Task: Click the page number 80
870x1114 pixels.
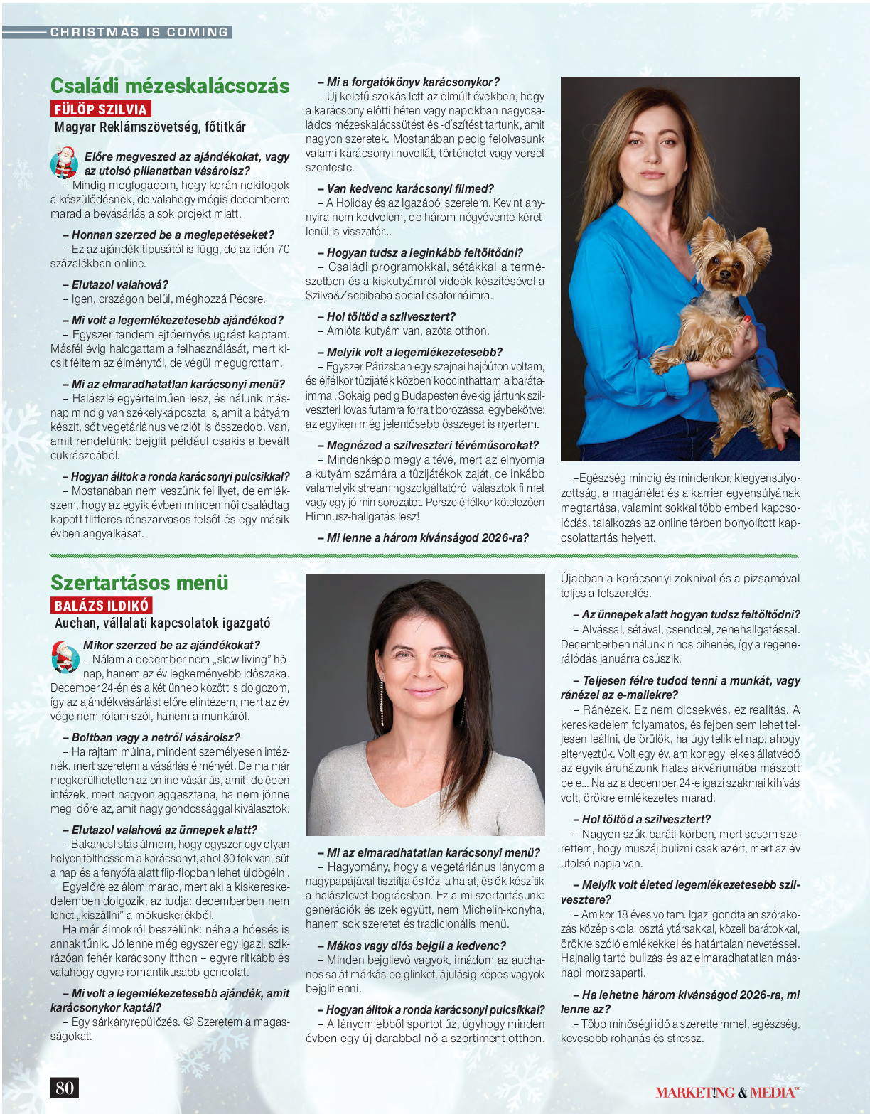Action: coord(64,1088)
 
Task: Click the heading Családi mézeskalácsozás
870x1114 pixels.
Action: coord(170,86)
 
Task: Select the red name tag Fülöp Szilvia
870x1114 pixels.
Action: coord(101,109)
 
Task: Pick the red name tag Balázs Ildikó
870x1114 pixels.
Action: coord(102,606)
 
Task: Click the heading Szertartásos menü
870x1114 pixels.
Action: coord(139,582)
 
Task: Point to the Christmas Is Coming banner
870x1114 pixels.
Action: coord(139,32)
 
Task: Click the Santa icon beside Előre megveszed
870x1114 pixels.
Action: coord(64,162)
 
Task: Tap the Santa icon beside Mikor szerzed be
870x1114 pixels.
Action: coord(65,656)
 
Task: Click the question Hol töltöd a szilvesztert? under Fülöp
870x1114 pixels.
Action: coord(391,316)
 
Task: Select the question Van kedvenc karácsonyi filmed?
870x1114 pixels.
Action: coord(410,188)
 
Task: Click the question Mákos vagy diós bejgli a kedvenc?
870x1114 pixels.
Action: coord(416,946)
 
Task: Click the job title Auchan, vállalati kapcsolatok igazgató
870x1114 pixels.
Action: coord(163,623)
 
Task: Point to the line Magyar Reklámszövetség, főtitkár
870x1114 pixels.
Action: coord(150,127)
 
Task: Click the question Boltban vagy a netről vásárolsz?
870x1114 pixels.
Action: coord(156,737)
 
